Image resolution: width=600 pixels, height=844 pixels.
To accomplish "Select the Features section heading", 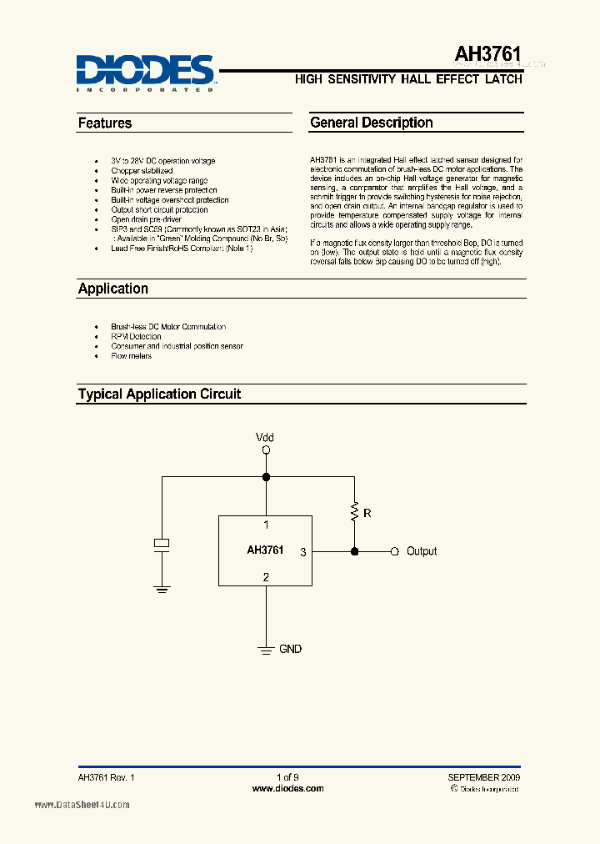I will [105, 123].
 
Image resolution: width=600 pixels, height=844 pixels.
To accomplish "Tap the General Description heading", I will [372, 123].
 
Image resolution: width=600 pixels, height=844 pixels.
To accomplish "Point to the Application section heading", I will [113, 289].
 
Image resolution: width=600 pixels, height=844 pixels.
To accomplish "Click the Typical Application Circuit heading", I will [159, 394].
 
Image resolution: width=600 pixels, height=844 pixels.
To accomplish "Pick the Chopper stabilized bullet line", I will [142, 171].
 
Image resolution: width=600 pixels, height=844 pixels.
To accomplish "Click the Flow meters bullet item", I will [132, 356].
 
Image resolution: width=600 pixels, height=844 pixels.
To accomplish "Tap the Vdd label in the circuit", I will [265, 438].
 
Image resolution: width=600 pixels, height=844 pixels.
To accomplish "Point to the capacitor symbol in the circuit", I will [162, 544].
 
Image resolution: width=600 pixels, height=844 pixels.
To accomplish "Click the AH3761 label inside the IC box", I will [265, 550].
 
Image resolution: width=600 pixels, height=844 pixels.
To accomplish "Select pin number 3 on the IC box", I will [303, 551].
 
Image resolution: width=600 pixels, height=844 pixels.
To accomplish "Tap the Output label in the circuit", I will [422, 551].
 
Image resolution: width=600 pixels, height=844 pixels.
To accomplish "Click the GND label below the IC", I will [290, 649].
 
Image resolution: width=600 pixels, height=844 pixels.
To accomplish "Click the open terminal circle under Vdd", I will [266, 450].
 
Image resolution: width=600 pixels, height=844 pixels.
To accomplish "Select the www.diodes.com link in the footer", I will [287, 788].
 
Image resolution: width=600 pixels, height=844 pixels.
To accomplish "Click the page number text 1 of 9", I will [287, 777].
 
